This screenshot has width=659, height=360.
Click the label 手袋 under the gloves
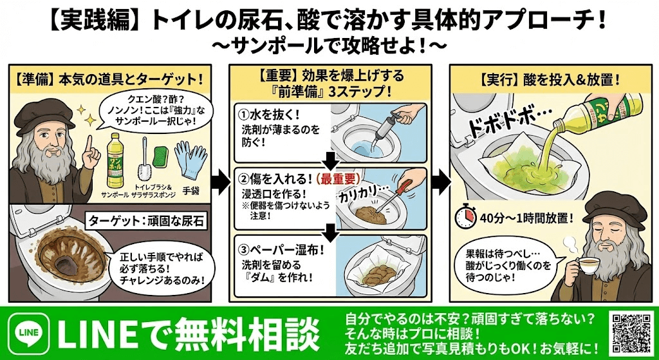(x=192, y=191)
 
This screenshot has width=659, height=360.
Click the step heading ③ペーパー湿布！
(x=279, y=248)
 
